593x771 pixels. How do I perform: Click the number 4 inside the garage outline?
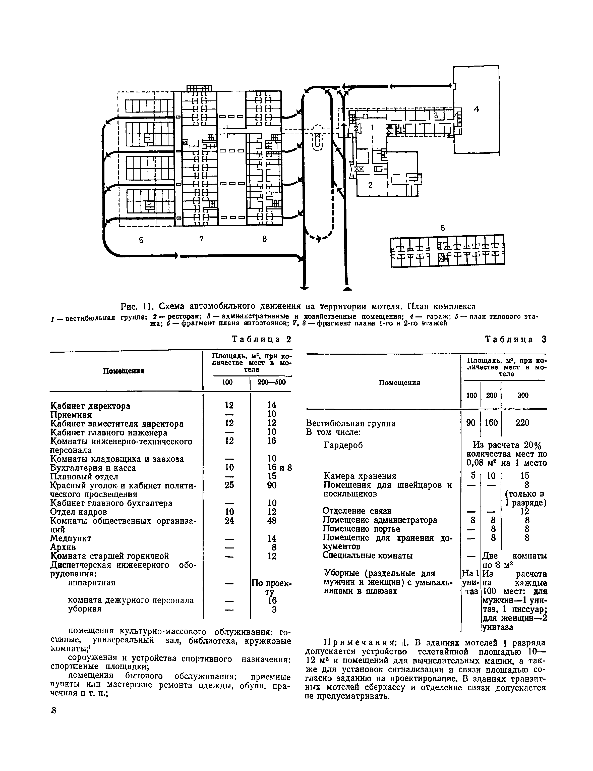477,109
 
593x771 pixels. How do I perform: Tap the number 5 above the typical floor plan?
443,228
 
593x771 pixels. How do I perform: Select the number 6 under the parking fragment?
141,240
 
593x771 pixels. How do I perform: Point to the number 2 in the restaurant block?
370,185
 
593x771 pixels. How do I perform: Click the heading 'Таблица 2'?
261,340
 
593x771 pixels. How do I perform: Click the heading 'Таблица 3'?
515,340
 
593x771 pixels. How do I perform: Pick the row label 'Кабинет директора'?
90,406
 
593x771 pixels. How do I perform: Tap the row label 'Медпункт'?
71,538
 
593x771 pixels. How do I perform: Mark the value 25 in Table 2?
229,485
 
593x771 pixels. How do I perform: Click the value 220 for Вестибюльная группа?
522,423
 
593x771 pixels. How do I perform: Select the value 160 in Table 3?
491,423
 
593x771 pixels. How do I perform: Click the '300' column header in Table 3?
523,395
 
